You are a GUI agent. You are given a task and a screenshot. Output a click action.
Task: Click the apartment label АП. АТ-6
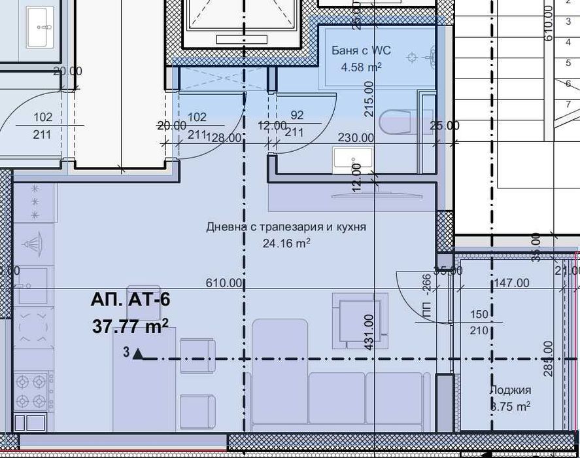point(131,300)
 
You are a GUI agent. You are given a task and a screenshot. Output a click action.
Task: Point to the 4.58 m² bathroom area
point(361,67)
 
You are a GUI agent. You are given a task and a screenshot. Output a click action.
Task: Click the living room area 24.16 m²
point(286,243)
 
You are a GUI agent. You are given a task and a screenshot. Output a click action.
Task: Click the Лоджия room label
point(510,391)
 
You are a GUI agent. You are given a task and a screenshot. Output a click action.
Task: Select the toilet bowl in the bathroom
point(395,122)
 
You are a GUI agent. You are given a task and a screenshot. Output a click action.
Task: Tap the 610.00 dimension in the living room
point(225,283)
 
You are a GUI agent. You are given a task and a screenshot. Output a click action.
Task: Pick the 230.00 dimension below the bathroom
point(356,138)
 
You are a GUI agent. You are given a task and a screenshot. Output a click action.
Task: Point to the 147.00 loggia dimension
point(511,283)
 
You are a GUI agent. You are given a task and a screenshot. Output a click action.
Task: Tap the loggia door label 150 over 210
point(479,323)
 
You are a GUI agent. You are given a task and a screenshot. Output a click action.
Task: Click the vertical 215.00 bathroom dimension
point(369,99)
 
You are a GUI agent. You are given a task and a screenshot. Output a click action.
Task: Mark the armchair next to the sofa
point(355,321)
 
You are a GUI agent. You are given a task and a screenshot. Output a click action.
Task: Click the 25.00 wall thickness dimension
point(445,126)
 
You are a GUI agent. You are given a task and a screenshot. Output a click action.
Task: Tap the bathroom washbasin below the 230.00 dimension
point(353,160)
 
